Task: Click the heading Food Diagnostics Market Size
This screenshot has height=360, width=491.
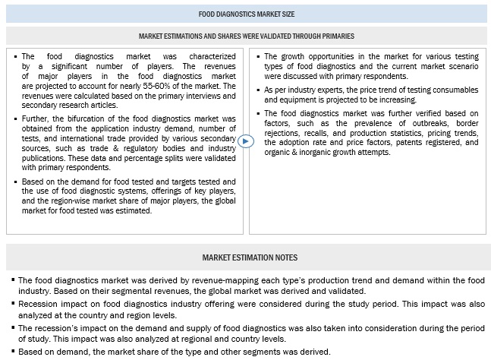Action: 246,12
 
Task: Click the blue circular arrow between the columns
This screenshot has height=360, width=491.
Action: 244,141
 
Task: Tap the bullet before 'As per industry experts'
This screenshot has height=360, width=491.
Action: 256,90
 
